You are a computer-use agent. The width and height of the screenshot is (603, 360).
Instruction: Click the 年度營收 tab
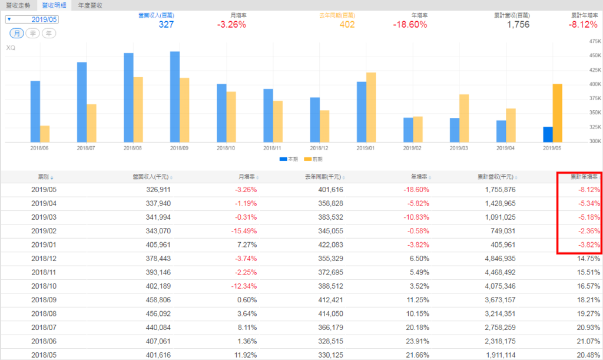pos(90,5)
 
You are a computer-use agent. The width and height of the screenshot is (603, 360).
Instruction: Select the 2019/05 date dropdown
pos(32,19)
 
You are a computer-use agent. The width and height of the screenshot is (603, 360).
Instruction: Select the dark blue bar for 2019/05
pos(548,134)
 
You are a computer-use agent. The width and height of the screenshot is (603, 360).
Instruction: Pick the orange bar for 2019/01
pos(371,107)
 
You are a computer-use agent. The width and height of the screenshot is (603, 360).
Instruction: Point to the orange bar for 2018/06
pos(45,134)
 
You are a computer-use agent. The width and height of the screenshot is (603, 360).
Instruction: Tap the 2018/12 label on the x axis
pos(320,148)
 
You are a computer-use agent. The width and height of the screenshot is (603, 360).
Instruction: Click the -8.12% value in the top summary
pos(584,25)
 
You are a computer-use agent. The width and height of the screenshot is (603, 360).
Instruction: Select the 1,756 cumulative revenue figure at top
pos(518,25)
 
